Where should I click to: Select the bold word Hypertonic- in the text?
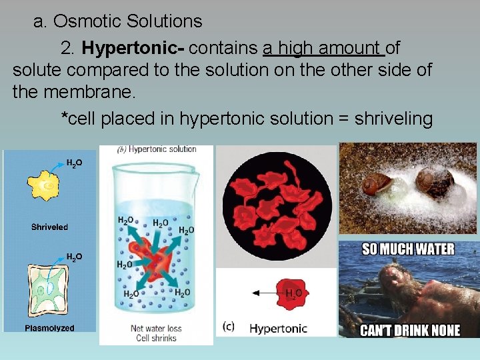[135, 48]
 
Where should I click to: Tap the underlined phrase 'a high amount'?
[323, 48]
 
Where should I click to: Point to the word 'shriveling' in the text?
[393, 119]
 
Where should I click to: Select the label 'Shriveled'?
[49, 227]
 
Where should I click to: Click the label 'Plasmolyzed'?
[49, 328]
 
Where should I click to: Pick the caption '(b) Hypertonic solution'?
[157, 149]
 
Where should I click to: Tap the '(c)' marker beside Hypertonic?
[229, 327]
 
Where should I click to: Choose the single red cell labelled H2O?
[291, 294]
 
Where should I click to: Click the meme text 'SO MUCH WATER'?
[408, 249]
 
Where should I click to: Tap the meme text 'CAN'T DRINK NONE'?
[410, 330]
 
